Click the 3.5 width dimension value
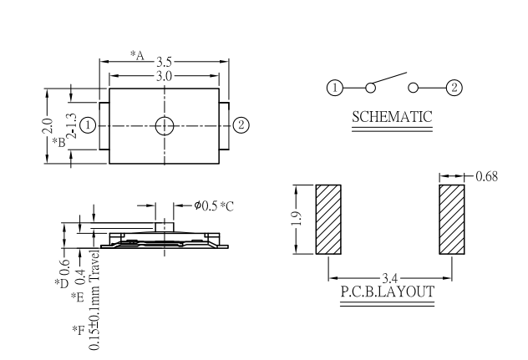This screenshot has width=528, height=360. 164,62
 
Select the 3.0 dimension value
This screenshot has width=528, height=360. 164,76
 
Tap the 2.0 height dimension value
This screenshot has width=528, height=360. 48,126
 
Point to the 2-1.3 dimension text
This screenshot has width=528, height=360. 72,126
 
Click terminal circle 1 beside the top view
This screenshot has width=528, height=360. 88,125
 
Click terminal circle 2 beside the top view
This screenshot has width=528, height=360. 241,125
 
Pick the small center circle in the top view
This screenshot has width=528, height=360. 165,126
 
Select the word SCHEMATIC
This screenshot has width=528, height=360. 392,117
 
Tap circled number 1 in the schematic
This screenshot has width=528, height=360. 335,88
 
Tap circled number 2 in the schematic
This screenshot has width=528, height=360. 454,88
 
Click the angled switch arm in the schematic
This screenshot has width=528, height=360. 389,78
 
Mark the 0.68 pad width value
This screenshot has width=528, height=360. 486,176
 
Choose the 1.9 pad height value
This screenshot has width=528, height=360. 297,219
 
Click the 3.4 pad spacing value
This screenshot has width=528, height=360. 390,278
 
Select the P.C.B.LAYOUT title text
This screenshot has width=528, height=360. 388,292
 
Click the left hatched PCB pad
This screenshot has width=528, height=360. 328,219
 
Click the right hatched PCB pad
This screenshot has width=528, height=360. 452,219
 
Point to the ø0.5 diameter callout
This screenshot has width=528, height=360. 206,205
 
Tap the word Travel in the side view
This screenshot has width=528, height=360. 94,262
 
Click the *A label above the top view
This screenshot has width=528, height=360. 137,55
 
